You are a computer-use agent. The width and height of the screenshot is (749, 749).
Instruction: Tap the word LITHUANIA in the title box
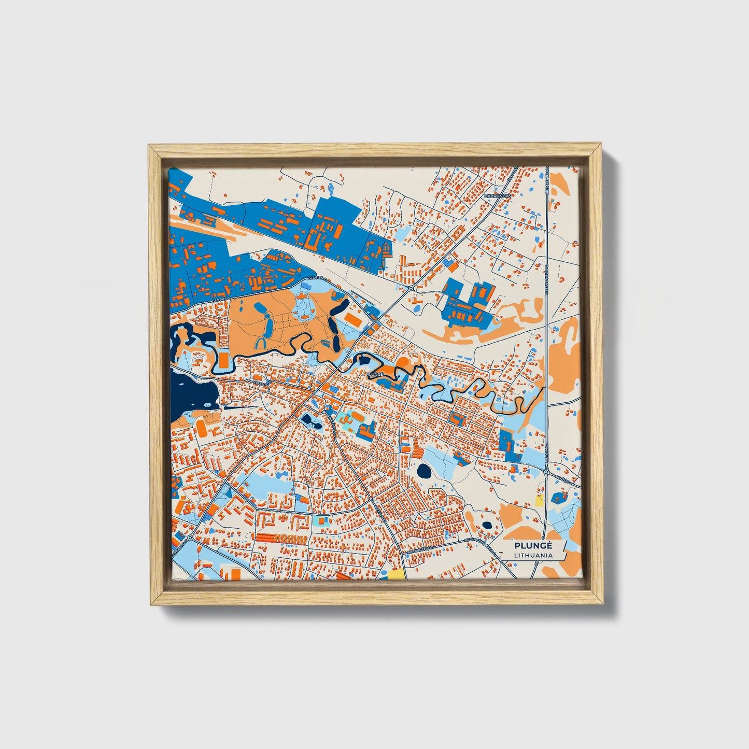[533, 555]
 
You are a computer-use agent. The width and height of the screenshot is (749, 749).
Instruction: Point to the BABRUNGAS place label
[497, 196]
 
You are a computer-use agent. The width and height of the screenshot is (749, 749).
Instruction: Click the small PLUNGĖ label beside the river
[374, 373]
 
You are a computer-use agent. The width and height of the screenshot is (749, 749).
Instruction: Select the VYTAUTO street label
[261, 384]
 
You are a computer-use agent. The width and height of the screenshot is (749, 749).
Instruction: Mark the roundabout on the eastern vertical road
[547, 472]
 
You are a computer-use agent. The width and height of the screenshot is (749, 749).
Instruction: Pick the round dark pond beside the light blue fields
[424, 471]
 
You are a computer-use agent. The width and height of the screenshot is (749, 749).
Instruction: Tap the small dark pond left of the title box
[487, 525]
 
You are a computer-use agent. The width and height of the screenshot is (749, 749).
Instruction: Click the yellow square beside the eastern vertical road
[539, 500]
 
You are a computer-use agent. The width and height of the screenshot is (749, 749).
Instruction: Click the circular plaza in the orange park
[302, 309]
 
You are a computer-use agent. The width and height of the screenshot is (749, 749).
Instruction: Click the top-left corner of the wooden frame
[149, 146]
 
